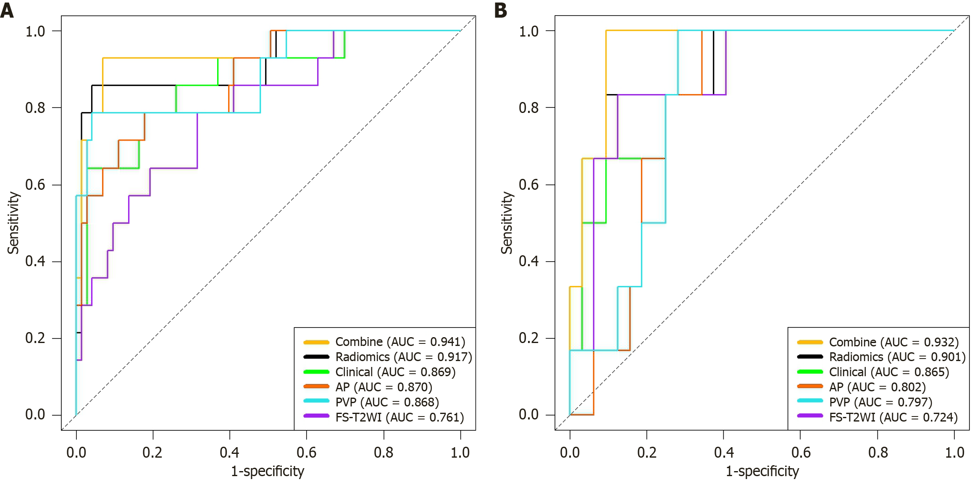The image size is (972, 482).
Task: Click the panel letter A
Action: [7, 10]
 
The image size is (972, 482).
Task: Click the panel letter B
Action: [501, 10]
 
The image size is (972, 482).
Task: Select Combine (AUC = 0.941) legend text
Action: [400, 342]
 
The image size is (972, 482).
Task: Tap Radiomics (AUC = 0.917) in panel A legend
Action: [403, 357]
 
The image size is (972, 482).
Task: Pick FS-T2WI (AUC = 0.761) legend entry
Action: [399, 417]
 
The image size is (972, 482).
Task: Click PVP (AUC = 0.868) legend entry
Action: [387, 402]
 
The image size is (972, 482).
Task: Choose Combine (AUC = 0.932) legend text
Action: [893, 342]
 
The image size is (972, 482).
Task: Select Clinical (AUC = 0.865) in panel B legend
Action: [889, 372]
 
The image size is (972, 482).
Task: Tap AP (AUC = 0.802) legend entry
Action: [877, 387]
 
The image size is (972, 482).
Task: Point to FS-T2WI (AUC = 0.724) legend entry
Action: [893, 417]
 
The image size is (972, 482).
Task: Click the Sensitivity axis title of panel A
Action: [13, 223]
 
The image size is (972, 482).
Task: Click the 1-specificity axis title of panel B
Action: [762, 471]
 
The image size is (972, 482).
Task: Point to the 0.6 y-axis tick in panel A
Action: [35, 184]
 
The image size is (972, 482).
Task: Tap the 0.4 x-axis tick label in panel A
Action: [229, 452]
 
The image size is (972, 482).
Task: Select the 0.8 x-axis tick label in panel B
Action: [878, 452]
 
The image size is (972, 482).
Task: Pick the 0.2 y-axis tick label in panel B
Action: [529, 338]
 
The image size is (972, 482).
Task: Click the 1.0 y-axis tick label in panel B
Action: [529, 31]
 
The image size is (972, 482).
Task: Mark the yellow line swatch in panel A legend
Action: [316, 342]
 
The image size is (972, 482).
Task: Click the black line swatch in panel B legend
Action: [809, 357]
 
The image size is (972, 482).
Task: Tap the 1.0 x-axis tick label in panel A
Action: [460, 452]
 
